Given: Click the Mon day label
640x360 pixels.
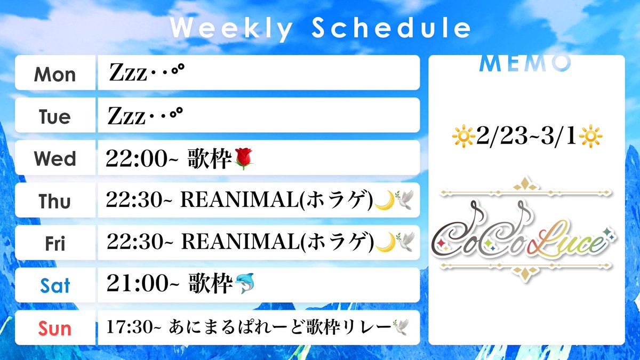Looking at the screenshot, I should pos(55,74).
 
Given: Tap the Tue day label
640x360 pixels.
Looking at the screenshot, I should pos(55,116).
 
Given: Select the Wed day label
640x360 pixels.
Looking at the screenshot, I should pos(55,159).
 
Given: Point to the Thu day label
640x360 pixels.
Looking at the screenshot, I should pos(55,201).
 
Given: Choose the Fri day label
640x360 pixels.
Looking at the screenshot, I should pos(55,243).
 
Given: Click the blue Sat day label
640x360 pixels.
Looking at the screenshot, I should pos(55,286).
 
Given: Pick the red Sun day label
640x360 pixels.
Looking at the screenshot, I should pos(55,327).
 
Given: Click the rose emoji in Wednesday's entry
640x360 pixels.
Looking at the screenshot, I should pos(243,158).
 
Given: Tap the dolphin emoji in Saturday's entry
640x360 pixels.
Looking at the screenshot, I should pos(245,285).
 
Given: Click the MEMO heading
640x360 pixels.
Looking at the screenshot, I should pos(525,63).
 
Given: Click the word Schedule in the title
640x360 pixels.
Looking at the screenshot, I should pos(391,29).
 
